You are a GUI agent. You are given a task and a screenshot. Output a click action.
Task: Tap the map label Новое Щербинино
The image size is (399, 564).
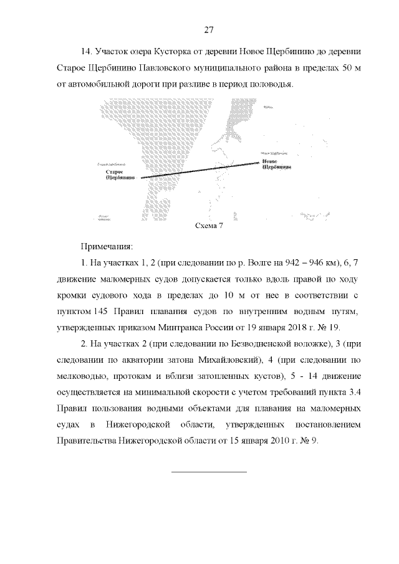[x=275, y=163]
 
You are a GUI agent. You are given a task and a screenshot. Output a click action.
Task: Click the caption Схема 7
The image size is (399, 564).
[x=209, y=225]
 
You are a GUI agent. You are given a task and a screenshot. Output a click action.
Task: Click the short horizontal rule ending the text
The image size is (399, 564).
[x=209, y=471]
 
